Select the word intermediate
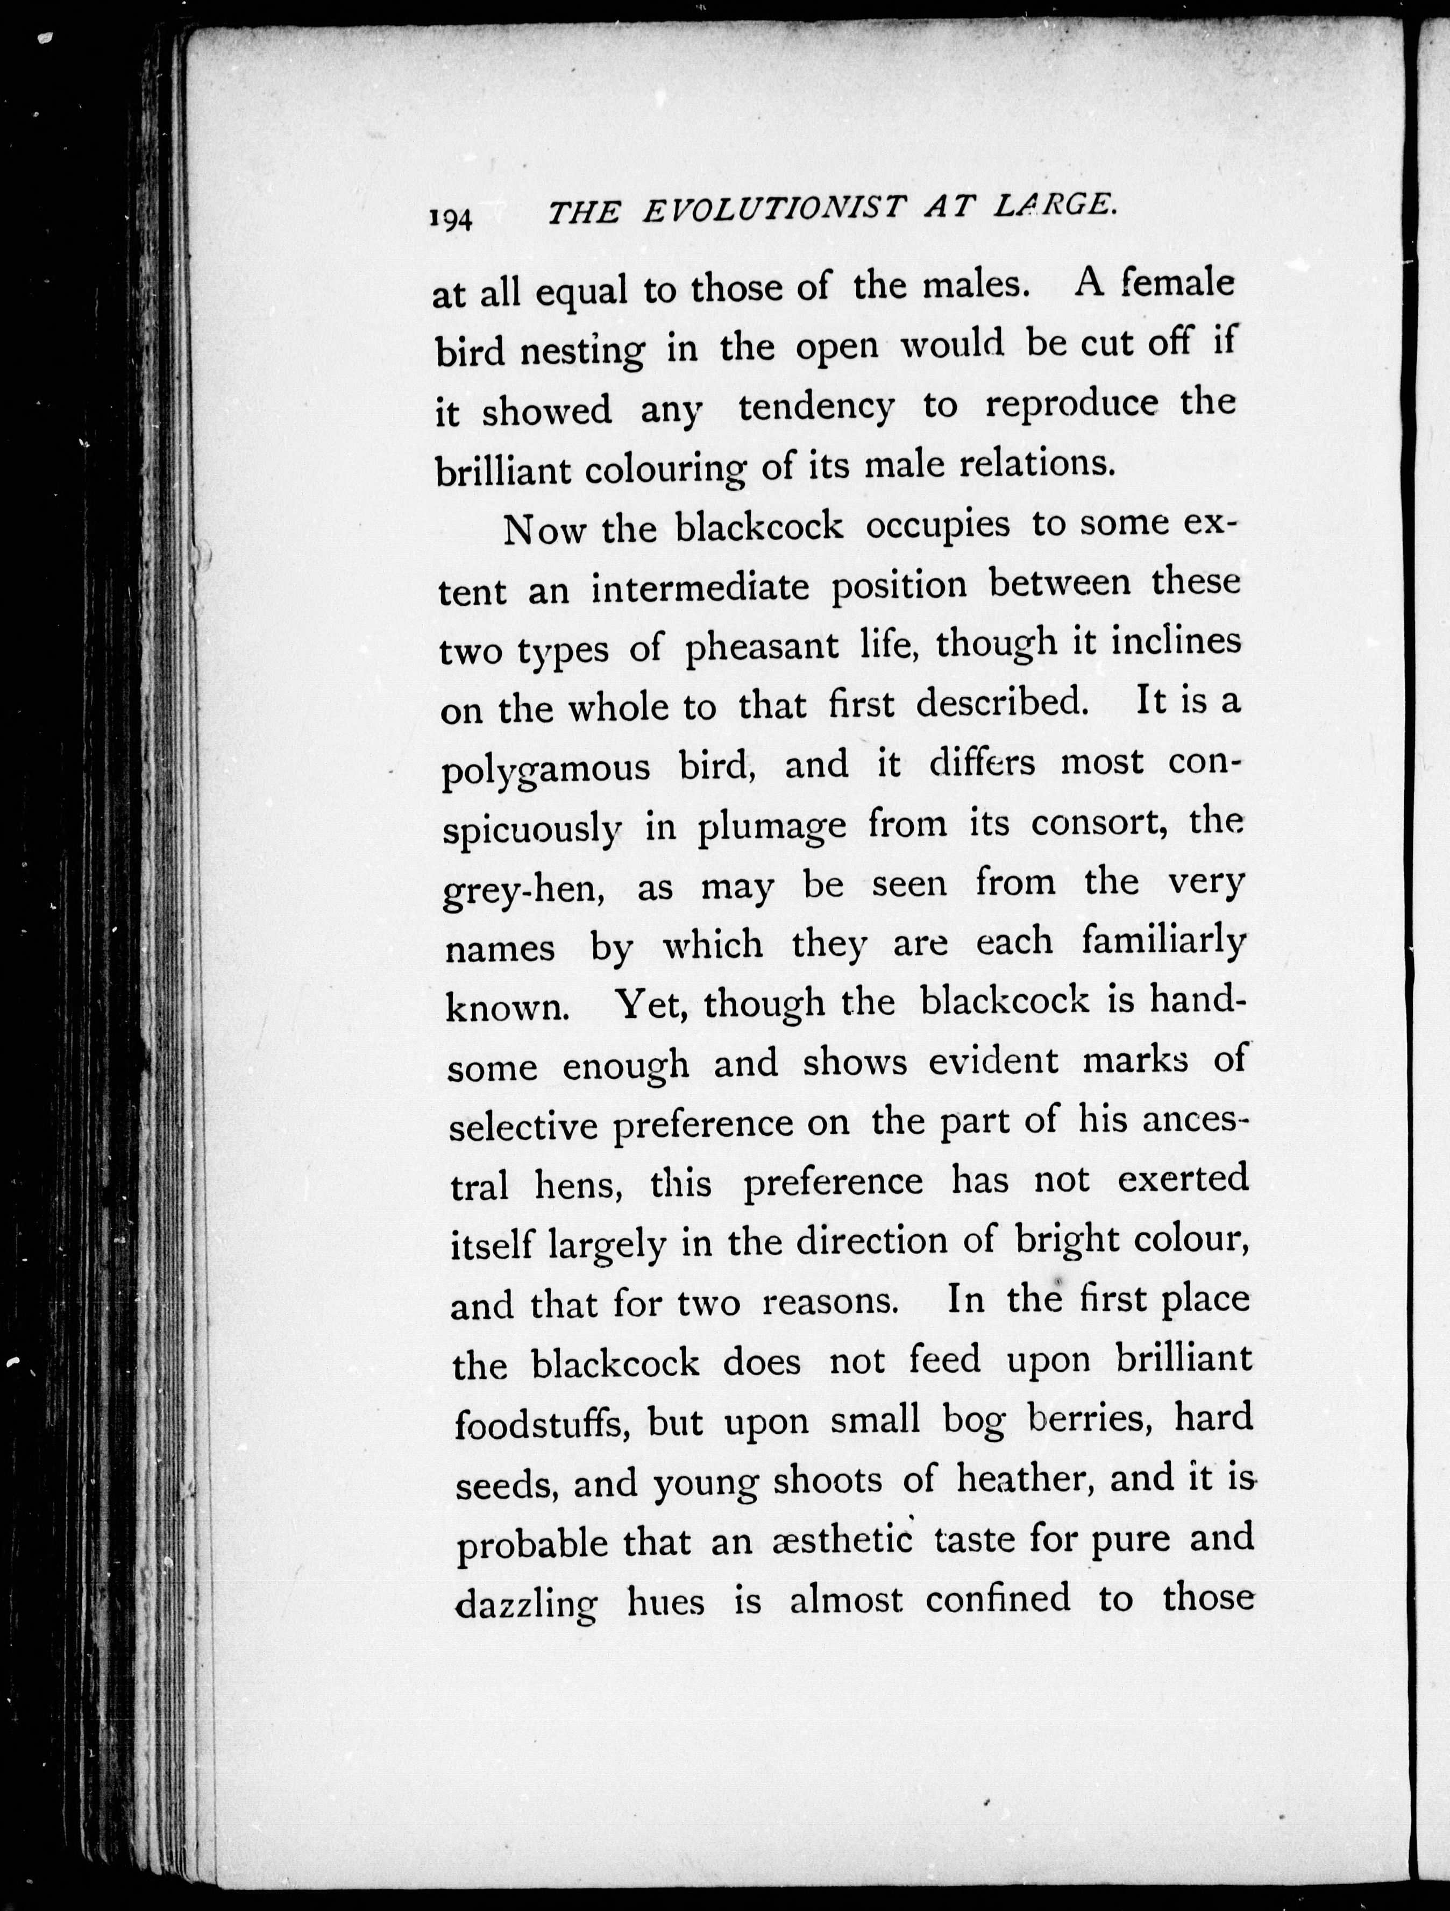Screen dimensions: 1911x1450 click(700, 589)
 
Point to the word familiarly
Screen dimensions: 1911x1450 click(1163, 942)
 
